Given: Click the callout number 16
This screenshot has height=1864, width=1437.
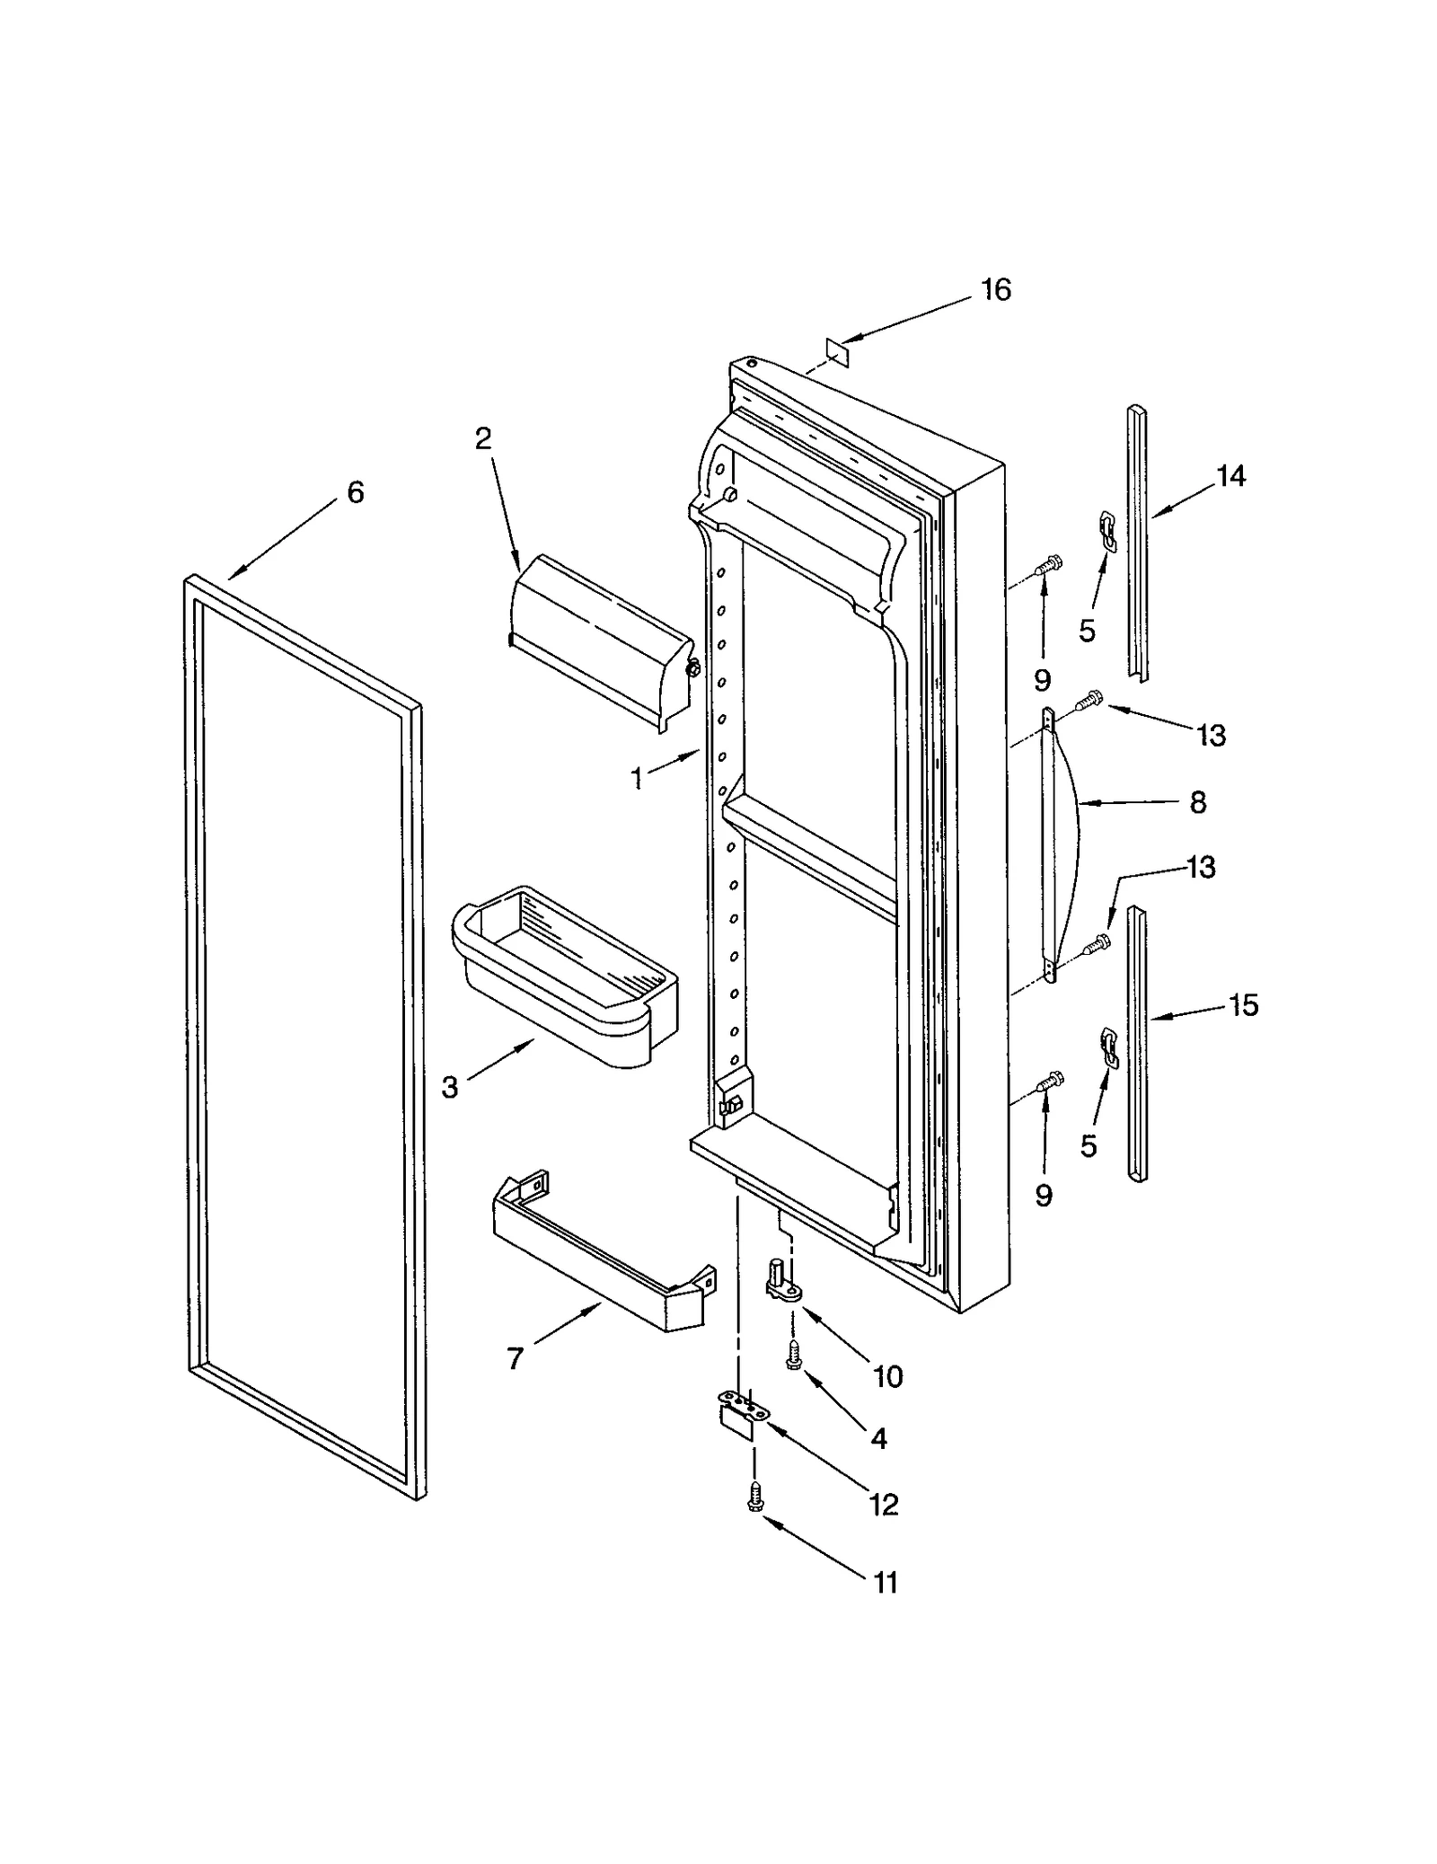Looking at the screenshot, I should click(x=996, y=290).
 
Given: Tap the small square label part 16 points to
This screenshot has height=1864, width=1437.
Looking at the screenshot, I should click(x=836, y=349).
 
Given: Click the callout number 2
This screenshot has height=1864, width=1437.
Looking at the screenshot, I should click(x=483, y=438).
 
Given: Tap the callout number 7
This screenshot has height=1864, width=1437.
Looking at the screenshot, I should click(x=515, y=1359).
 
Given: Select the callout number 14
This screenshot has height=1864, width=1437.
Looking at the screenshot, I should click(x=1231, y=476).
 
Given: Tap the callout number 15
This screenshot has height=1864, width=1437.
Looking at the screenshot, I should click(x=1244, y=1005).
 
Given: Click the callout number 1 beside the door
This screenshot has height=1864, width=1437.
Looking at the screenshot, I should click(x=638, y=779).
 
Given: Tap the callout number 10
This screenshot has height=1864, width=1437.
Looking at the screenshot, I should click(x=888, y=1376).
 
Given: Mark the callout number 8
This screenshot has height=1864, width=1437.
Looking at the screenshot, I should click(x=1198, y=802).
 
